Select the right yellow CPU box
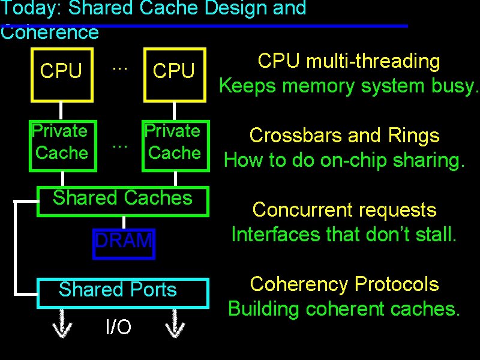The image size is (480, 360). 174,72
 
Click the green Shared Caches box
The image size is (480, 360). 123,200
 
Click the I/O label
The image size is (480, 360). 118,327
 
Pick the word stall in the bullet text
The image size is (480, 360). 435,234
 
